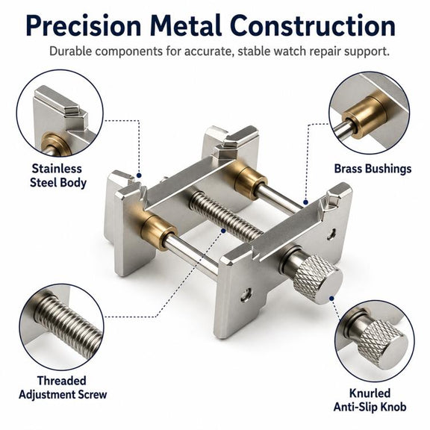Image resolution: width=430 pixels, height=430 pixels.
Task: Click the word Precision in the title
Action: (x=84, y=26)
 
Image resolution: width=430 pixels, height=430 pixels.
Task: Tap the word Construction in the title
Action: (x=314, y=26)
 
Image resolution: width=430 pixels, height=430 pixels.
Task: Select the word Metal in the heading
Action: (x=186, y=26)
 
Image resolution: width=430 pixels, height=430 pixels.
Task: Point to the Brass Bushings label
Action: (x=373, y=169)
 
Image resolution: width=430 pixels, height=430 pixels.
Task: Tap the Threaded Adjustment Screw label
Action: (x=63, y=387)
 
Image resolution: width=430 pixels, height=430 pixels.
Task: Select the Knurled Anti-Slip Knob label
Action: (x=370, y=400)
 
